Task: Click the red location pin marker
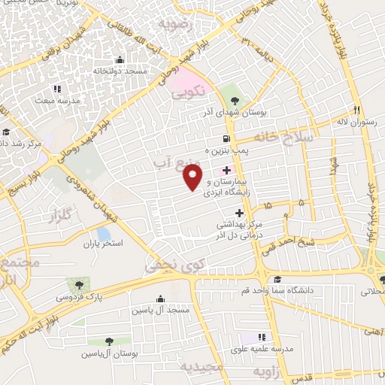[192, 177]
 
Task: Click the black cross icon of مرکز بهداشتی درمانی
[239, 213]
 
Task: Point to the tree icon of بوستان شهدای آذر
[236, 100]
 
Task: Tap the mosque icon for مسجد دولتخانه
[120, 60]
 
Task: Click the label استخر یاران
[102, 244]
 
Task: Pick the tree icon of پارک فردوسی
[78, 285]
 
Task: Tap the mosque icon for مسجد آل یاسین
[159, 299]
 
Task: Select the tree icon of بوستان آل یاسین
[110, 341]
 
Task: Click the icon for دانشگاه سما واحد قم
[277, 278]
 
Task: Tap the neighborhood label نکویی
[188, 95]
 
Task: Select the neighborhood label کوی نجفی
[175, 265]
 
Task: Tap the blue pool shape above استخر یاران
[104, 234]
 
